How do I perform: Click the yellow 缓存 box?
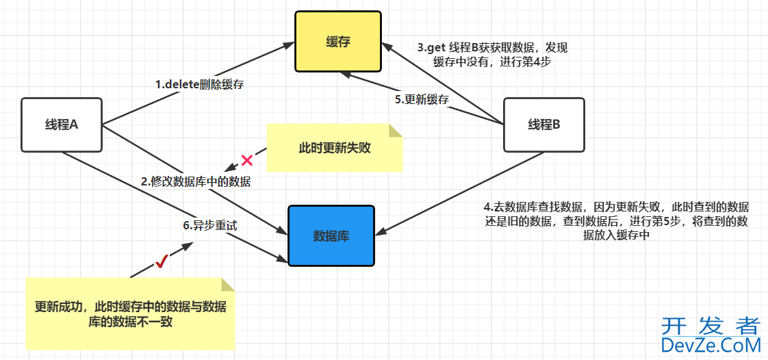click(x=338, y=41)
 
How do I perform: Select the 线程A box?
click(x=62, y=125)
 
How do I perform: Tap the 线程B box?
click(x=543, y=125)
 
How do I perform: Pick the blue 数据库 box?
click(x=331, y=235)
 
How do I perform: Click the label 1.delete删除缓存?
click(x=199, y=85)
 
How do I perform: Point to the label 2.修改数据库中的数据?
click(x=196, y=181)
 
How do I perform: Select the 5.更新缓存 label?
click(x=422, y=99)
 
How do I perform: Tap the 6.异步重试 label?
click(x=205, y=224)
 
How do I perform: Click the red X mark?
click(x=247, y=161)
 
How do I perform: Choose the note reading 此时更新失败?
click(x=334, y=147)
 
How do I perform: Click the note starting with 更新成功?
click(x=130, y=314)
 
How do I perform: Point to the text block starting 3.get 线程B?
click(x=493, y=55)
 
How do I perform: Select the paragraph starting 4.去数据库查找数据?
click(x=616, y=220)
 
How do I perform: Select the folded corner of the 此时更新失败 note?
click(x=395, y=130)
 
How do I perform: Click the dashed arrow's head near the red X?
click(x=229, y=168)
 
